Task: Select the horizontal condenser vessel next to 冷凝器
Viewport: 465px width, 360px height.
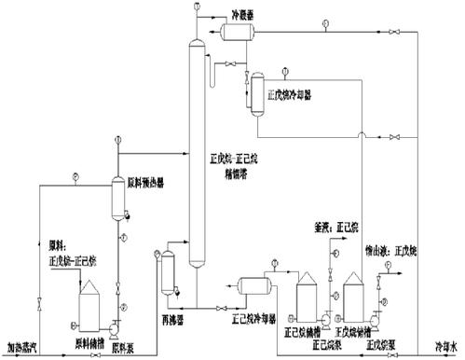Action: tap(238, 33)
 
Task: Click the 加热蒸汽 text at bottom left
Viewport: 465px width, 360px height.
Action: tap(21, 347)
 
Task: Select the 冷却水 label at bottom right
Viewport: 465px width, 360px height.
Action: tap(444, 347)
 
